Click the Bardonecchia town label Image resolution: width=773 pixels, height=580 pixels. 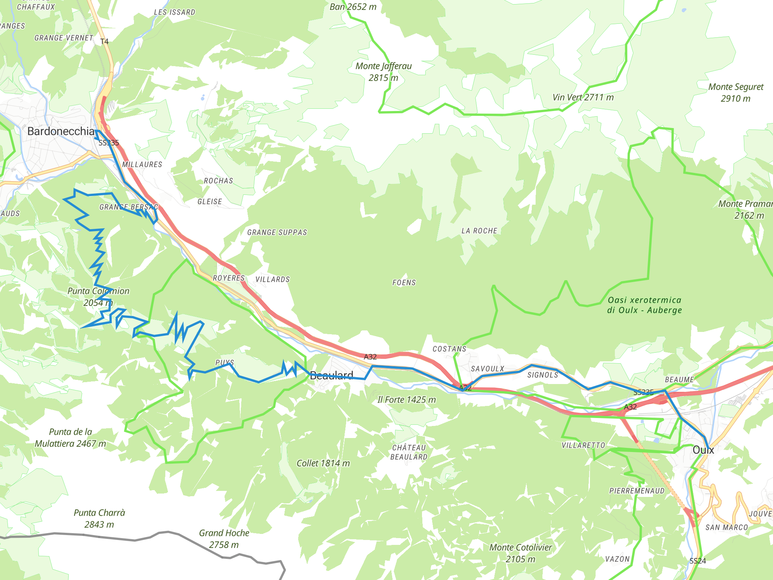coord(61,131)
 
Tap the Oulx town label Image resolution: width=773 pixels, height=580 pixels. coord(703,450)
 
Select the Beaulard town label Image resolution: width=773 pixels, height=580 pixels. coord(331,375)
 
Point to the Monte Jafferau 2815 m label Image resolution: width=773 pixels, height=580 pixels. coord(383,72)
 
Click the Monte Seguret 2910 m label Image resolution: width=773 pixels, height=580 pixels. coord(736,93)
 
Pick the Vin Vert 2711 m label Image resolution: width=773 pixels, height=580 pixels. coord(583,97)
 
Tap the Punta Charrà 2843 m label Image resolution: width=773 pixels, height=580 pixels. coord(99,518)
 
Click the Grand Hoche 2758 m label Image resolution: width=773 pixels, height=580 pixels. coord(224,539)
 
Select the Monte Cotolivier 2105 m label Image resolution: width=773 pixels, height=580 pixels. coord(520,553)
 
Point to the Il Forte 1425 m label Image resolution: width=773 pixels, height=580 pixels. coord(407,400)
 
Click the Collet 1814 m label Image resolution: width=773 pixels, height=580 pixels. coord(323,463)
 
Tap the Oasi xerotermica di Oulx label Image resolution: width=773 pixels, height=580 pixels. coord(644,305)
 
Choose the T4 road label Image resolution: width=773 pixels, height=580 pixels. coord(105,42)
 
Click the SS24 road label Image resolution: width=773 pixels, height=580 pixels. coord(698,561)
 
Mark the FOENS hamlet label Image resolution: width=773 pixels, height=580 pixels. coord(404,283)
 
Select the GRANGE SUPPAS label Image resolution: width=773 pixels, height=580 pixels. coord(277,233)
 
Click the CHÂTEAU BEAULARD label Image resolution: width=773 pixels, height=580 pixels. coord(409,452)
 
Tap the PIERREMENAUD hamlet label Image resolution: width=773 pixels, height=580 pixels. coord(637,491)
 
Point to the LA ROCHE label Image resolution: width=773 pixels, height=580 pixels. coord(479,231)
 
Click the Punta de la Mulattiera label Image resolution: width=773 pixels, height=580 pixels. coord(70,438)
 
